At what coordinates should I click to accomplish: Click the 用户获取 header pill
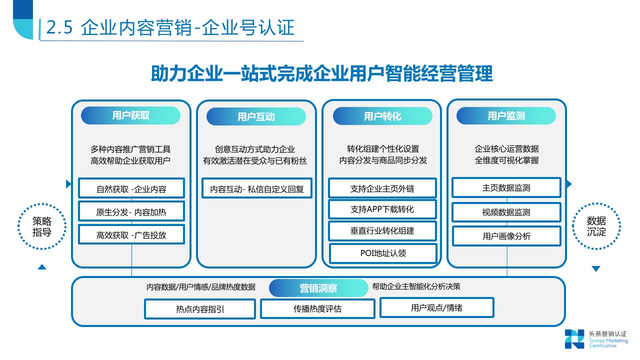pos(130,115)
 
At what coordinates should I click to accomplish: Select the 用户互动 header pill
pos(256,117)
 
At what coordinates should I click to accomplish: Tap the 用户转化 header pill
pos(382,116)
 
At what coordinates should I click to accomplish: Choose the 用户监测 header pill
pos(506,116)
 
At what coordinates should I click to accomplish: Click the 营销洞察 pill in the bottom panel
pos(318,288)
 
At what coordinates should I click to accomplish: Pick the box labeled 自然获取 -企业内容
pos(131,188)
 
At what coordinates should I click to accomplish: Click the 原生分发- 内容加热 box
pos(131,211)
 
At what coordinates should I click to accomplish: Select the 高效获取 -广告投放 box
pos(131,235)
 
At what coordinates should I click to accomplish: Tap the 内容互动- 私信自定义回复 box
pos(257,188)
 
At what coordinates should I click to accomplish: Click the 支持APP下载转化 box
pos(382,209)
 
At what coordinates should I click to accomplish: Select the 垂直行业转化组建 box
pos(382,231)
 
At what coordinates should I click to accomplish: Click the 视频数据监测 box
pos(506,212)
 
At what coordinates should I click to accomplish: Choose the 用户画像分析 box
pos(506,236)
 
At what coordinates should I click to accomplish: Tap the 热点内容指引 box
pos(200,309)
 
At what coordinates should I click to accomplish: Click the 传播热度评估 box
pos(317,308)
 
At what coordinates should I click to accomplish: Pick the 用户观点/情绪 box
pos(436,307)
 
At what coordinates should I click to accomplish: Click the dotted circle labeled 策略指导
pos(42,226)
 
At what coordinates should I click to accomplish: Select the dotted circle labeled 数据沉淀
pos(596,226)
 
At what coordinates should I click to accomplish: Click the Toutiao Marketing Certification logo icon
pos(574,339)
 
